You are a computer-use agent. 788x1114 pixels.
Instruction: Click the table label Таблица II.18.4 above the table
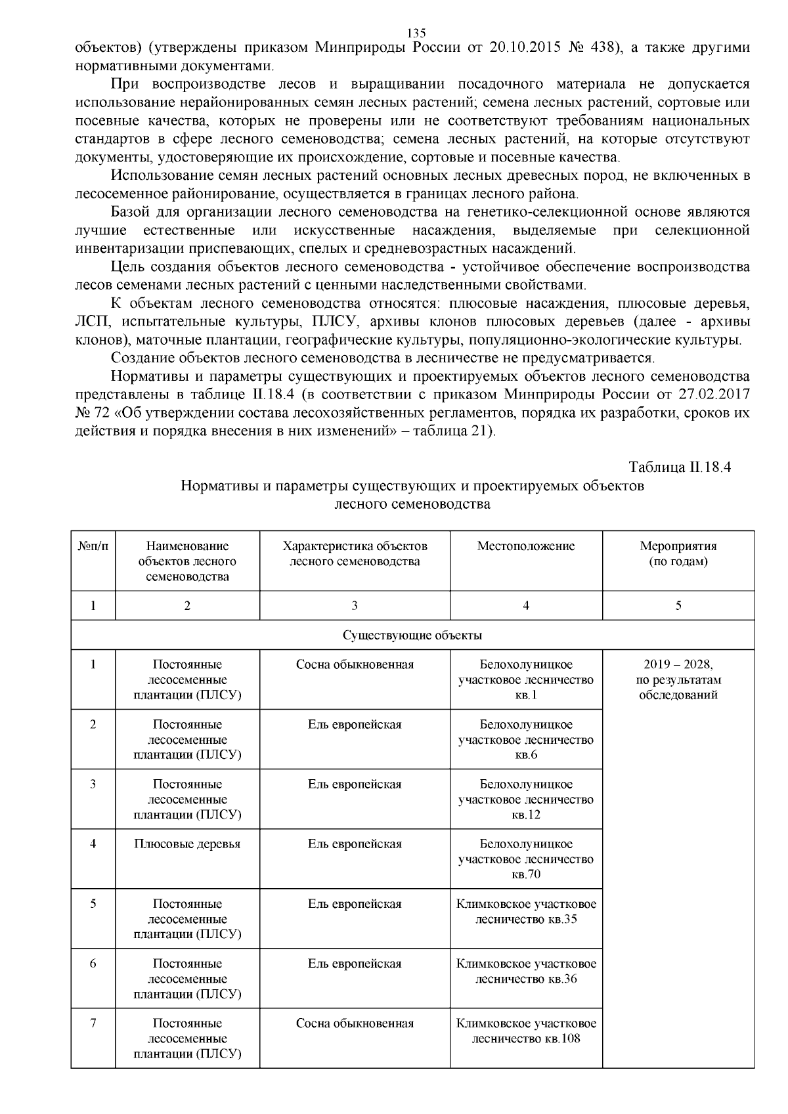(x=680, y=467)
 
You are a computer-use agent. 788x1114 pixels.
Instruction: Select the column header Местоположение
(x=525, y=546)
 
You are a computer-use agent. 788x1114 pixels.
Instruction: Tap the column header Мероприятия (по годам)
(x=678, y=554)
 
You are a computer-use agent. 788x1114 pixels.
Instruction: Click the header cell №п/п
(x=93, y=546)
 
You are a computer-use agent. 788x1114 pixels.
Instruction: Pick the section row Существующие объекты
(x=412, y=635)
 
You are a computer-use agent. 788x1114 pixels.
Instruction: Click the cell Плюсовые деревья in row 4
(x=187, y=844)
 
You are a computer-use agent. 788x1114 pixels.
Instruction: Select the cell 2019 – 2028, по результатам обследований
(x=678, y=679)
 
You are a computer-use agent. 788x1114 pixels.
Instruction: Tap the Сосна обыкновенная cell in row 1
(x=355, y=664)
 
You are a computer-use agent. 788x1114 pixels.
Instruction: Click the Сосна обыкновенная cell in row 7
(x=355, y=1023)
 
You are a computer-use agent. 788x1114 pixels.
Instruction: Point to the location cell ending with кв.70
(x=525, y=859)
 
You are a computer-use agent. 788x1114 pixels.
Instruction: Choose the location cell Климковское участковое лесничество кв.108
(x=525, y=1031)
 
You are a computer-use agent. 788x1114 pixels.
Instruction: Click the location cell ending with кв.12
(x=525, y=800)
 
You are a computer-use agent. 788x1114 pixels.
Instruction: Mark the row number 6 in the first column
(x=93, y=964)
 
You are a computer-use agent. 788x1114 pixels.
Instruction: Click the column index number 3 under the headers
(x=355, y=606)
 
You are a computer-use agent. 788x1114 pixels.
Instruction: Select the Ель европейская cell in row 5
(x=355, y=904)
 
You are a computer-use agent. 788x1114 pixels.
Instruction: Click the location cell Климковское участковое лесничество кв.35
(x=525, y=911)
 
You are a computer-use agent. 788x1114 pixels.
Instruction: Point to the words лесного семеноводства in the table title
(x=412, y=504)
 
